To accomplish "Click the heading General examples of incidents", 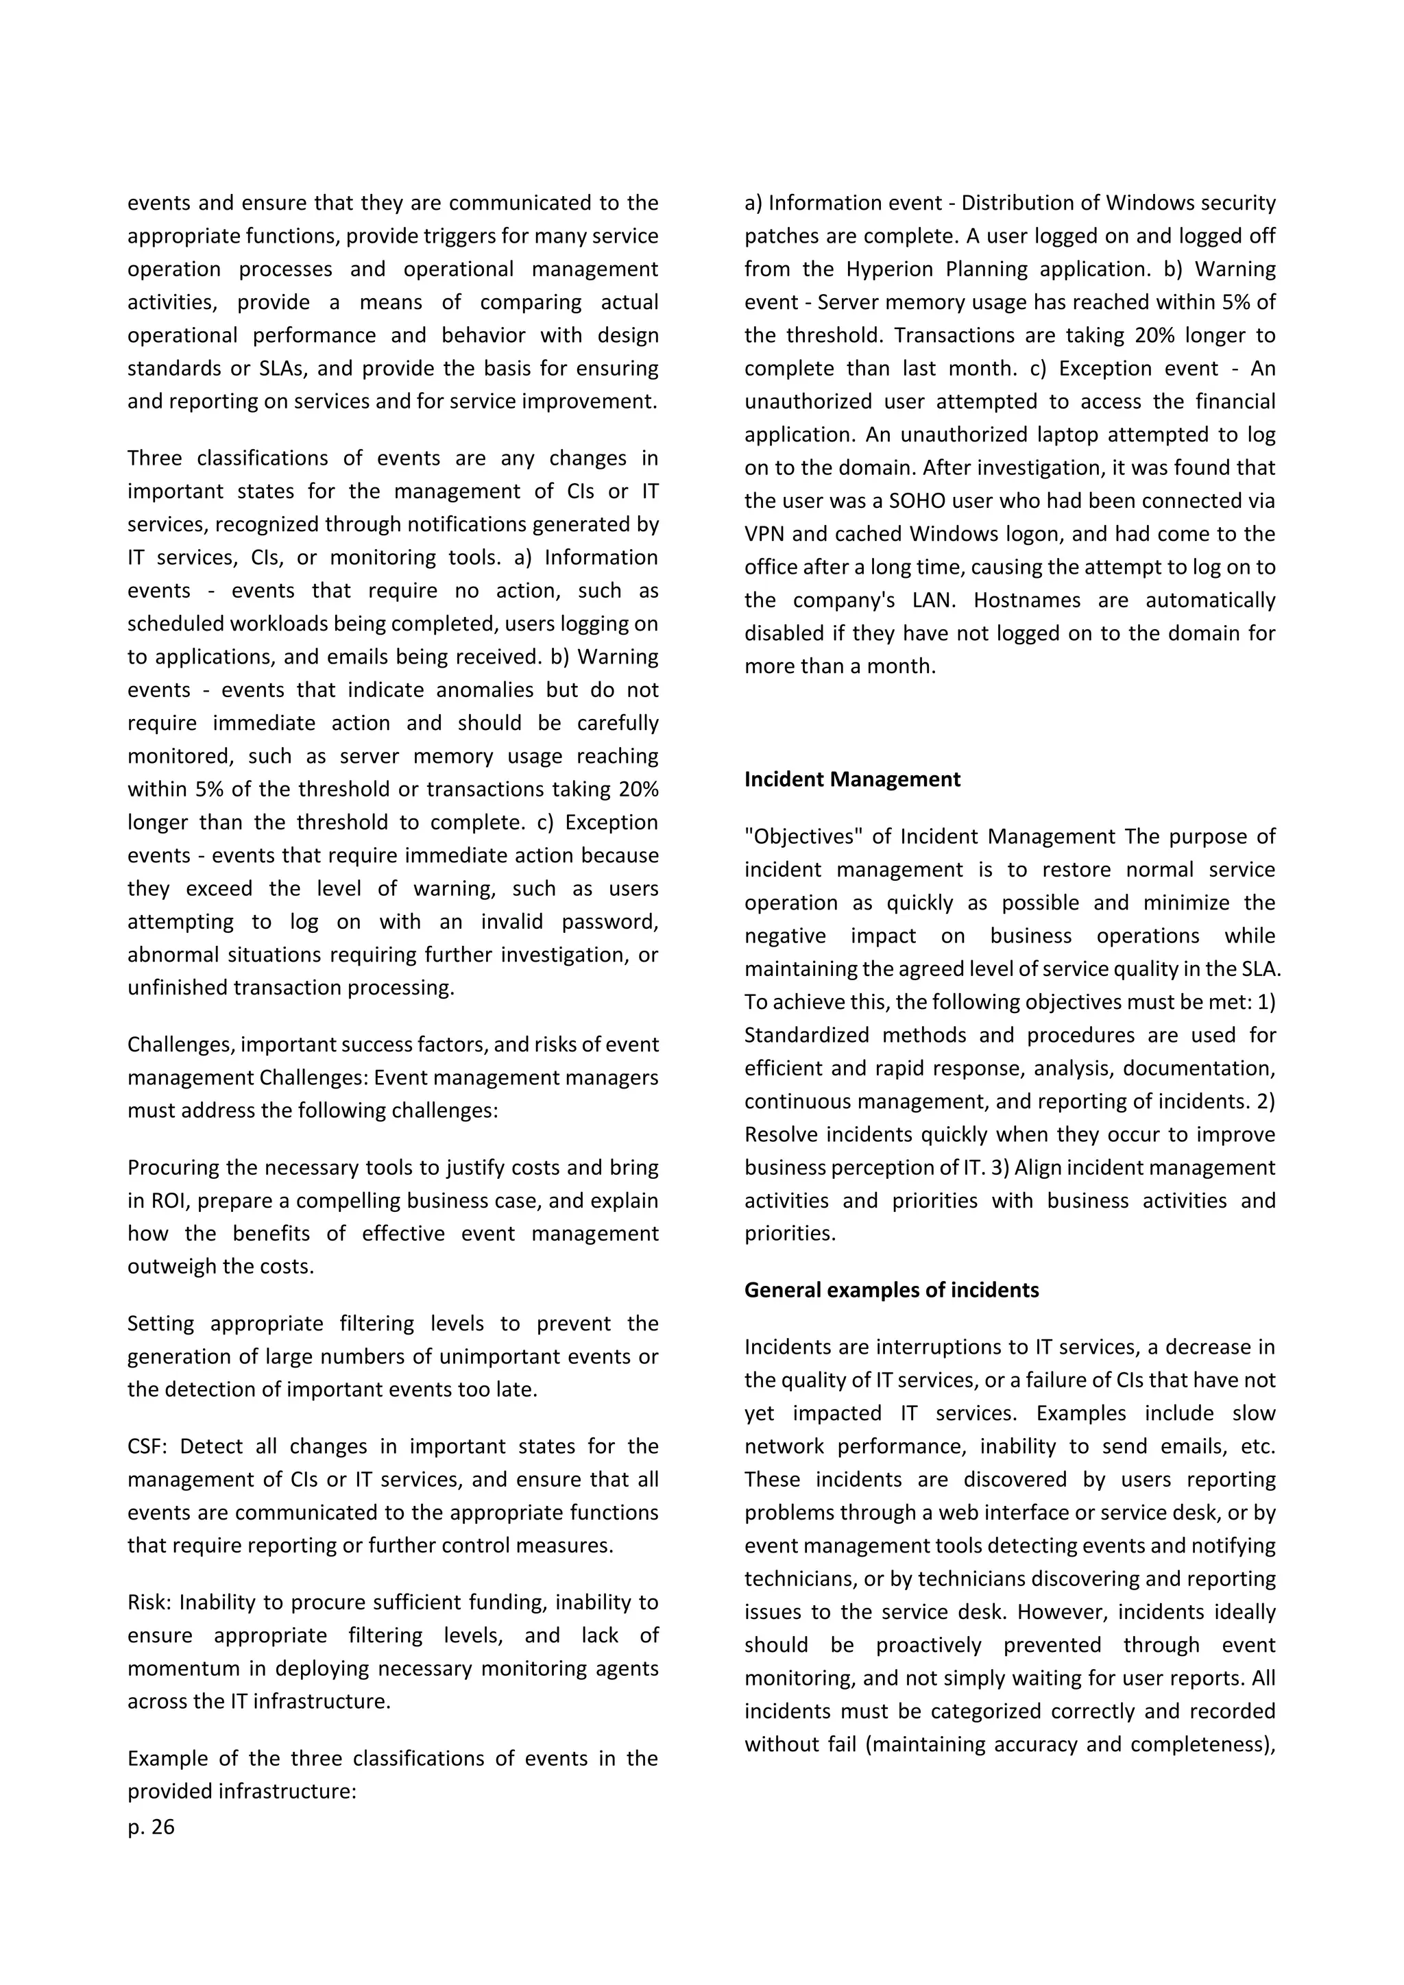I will pos(891,1290).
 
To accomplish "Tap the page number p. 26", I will pos(152,1827).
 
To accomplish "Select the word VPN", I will pos(764,533).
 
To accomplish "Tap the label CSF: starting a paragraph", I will pos(148,1446).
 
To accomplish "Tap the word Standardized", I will pos(808,1035).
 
